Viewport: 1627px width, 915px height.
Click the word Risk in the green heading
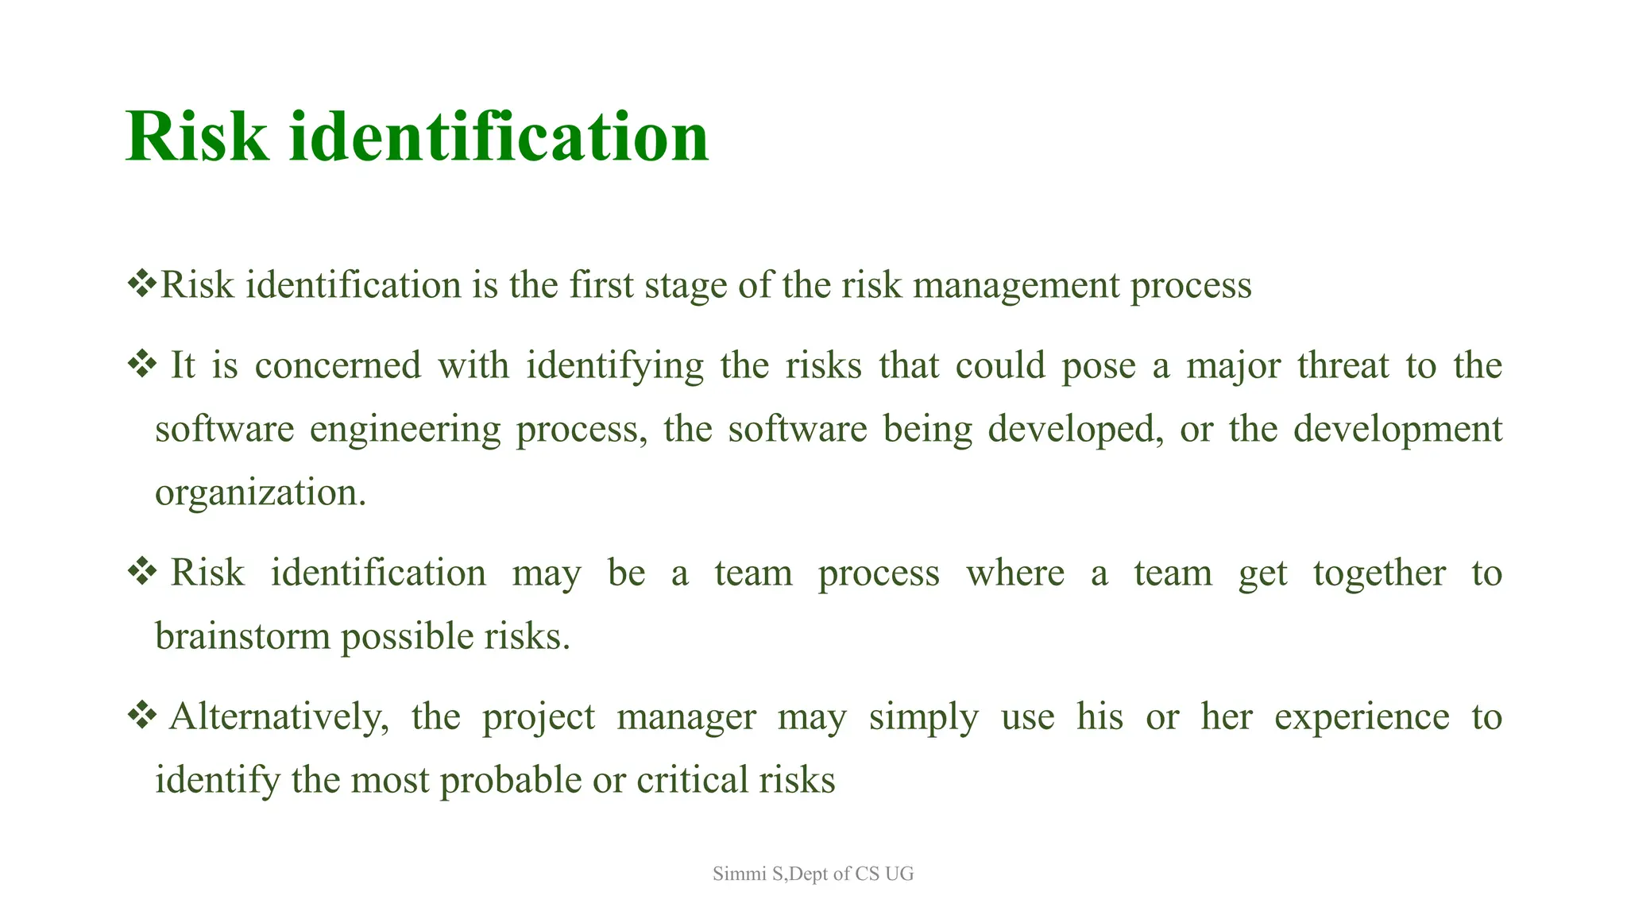click(x=197, y=137)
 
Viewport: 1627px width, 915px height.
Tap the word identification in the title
click(x=498, y=137)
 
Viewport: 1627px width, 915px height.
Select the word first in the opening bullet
click(x=601, y=285)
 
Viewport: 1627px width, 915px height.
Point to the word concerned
click(x=338, y=366)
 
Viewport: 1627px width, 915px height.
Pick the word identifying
click(x=615, y=366)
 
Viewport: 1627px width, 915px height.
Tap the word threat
click(x=1343, y=366)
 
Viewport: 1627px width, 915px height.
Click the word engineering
click(x=405, y=430)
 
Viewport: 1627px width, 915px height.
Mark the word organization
click(x=260, y=493)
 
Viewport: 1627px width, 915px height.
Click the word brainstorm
click(x=242, y=636)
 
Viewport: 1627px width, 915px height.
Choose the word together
click(x=1379, y=573)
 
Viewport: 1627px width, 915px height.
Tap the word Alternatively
click(x=279, y=716)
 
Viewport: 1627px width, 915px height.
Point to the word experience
click(x=1362, y=716)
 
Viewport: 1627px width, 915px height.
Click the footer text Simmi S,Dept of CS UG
click(x=813, y=874)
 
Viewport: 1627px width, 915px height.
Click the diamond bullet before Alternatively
click(x=141, y=715)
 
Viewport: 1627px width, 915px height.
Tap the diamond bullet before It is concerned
click(x=141, y=365)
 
